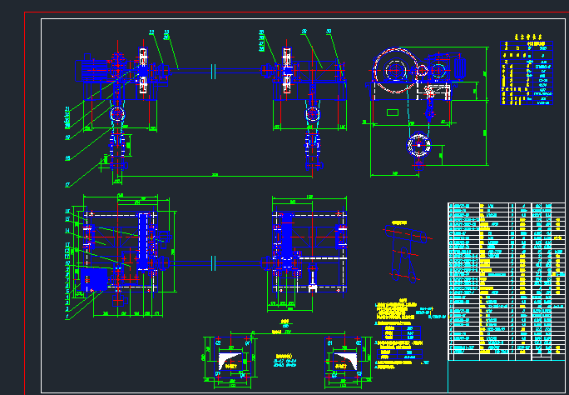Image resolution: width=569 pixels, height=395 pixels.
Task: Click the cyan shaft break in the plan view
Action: [x=214, y=262]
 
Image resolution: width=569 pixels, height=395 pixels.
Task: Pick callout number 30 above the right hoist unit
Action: [x=329, y=32]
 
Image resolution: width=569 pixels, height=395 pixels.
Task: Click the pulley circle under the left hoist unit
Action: [x=117, y=113]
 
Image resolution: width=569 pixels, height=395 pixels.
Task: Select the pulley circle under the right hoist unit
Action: [x=312, y=113]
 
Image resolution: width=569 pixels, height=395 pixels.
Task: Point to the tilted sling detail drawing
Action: [x=403, y=254]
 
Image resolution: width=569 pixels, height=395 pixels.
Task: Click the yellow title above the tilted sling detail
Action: [x=399, y=223]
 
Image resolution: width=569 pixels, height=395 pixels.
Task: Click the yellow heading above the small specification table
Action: [x=522, y=37]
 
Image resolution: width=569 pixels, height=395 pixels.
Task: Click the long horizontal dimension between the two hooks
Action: [x=215, y=175]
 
